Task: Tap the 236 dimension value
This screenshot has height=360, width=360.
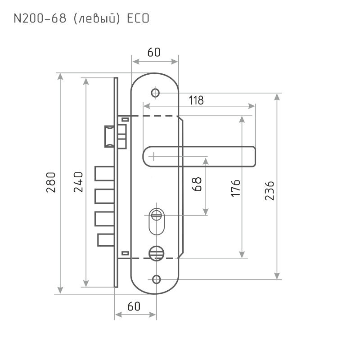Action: click(x=270, y=191)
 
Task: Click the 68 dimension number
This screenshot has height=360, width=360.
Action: click(x=197, y=184)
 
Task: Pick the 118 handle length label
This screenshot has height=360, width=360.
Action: click(x=196, y=100)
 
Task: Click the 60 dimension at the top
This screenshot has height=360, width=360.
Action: click(x=154, y=52)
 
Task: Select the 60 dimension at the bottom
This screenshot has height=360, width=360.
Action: click(x=134, y=306)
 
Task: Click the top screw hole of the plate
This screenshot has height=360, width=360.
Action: click(x=156, y=93)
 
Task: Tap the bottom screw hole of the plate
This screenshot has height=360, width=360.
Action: click(x=156, y=279)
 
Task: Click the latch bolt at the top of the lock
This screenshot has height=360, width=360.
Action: click(x=109, y=136)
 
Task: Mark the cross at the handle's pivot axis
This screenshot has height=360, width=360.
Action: click(x=153, y=157)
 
